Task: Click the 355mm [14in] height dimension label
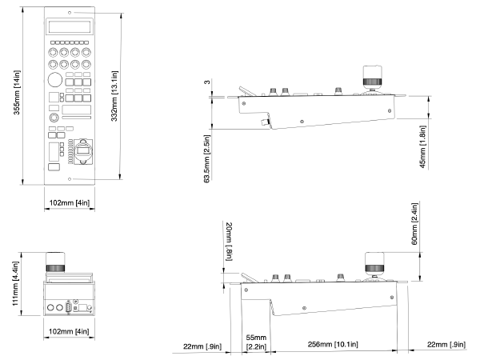(17, 93)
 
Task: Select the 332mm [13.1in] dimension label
(114, 96)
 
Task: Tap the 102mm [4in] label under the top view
(70, 202)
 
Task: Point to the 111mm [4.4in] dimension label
(15, 283)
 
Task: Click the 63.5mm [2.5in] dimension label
(207, 159)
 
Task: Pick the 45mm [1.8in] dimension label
(422, 146)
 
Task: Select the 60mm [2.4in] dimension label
(414, 224)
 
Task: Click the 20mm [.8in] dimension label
(229, 242)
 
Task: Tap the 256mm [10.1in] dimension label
(333, 344)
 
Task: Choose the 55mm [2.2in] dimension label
(256, 342)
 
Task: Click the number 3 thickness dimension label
(207, 82)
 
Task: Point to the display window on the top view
(70, 26)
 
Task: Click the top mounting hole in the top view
(70, 13)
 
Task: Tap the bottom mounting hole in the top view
(70, 179)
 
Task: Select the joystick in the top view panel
(83, 151)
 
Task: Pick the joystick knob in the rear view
(55, 262)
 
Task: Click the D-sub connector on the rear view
(68, 307)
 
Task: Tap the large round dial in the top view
(55, 80)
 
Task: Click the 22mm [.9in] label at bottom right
(446, 345)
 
